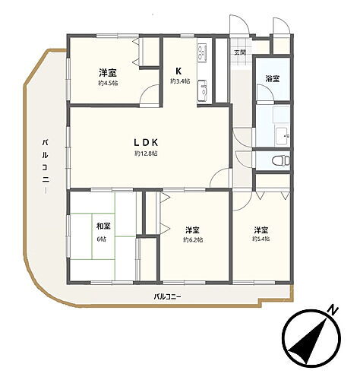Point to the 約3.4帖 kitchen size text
[x=180, y=81]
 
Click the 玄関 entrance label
[x=239, y=52]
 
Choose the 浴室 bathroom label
[x=272, y=78]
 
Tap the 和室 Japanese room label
[x=102, y=226]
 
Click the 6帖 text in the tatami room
[x=102, y=239]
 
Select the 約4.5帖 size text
[x=106, y=84]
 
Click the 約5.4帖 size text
[x=261, y=239]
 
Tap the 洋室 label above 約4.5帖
[x=106, y=72]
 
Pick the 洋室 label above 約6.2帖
[x=193, y=229]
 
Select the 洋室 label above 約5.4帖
[x=261, y=229]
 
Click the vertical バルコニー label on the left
[x=46, y=165]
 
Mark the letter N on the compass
[x=332, y=309]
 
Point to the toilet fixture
[x=279, y=161]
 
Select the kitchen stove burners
[x=202, y=53]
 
